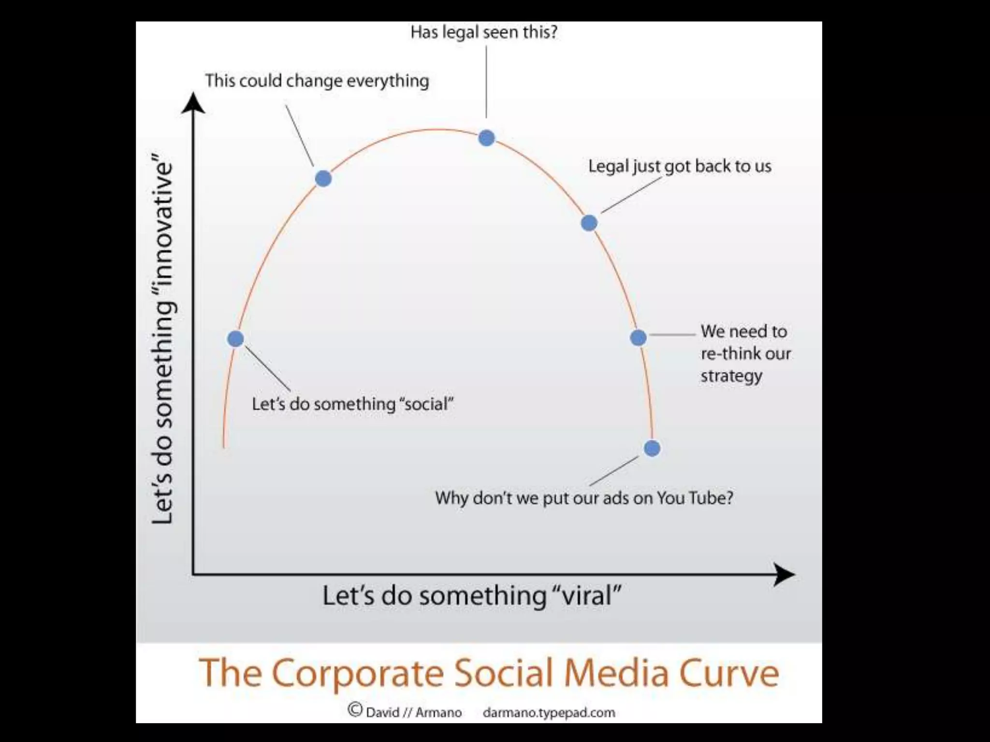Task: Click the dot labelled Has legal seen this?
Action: (x=486, y=138)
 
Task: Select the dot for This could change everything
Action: (x=323, y=178)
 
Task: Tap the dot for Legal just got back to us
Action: (x=589, y=223)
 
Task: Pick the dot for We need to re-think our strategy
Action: (x=638, y=338)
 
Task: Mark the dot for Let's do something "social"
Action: (x=235, y=339)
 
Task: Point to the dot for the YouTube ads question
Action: (x=652, y=448)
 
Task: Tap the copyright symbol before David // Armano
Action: (x=355, y=710)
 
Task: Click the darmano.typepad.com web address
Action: (x=549, y=713)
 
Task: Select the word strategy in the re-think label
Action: (x=731, y=376)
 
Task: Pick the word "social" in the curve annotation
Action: (x=425, y=404)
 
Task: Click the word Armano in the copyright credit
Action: (x=438, y=713)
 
